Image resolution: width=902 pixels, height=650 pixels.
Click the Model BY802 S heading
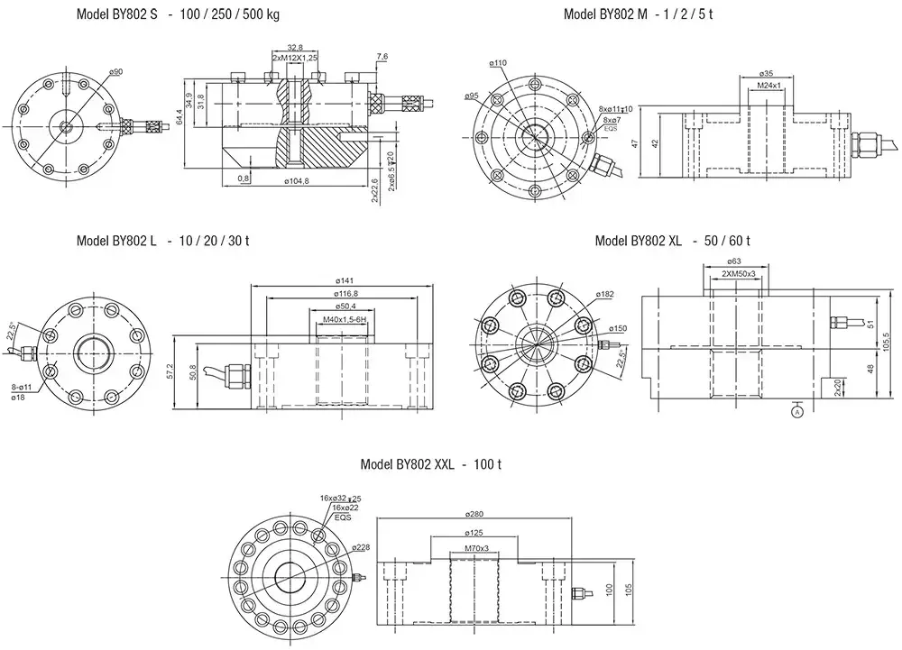(177, 14)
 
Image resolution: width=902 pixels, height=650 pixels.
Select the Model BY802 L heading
(163, 241)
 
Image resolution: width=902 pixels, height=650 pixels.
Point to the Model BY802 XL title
(673, 241)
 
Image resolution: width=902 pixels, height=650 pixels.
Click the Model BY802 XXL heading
(430, 465)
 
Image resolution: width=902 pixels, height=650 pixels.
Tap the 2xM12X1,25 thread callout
(294, 57)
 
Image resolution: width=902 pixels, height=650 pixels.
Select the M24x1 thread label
(769, 85)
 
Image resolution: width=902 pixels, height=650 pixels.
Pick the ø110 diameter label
(499, 63)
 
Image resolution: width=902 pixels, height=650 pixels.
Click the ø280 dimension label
(475, 513)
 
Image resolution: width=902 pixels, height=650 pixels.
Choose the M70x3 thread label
(476, 548)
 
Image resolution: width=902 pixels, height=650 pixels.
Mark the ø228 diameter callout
(361, 546)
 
